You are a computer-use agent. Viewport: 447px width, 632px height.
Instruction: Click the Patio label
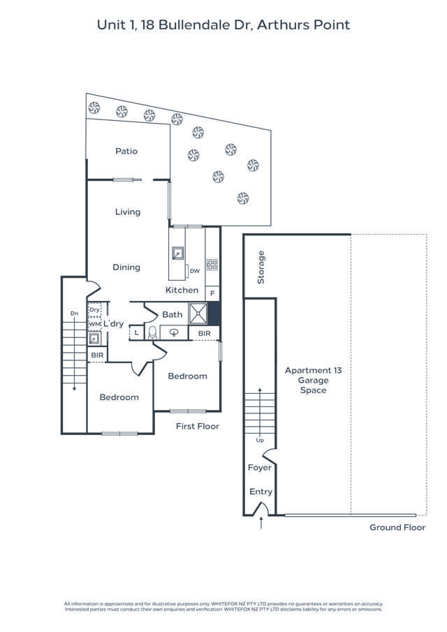126,151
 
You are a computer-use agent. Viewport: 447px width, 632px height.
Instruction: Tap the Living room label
128,212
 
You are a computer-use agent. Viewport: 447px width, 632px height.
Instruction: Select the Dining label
126,267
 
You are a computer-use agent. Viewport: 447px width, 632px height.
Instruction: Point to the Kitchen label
182,290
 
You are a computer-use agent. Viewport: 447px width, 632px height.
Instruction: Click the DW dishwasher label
195,270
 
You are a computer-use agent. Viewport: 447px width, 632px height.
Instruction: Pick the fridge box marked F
212,293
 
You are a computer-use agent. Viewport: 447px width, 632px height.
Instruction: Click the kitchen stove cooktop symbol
212,265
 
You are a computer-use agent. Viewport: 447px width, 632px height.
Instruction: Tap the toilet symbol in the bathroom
152,332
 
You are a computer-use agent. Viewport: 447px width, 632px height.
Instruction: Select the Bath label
173,314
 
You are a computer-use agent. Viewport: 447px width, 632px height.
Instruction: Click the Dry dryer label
94,309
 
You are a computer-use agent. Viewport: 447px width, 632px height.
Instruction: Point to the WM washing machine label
94,323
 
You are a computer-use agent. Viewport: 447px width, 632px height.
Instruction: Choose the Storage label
261,267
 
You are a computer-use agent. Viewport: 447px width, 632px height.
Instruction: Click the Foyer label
260,467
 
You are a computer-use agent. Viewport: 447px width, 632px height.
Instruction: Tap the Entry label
261,492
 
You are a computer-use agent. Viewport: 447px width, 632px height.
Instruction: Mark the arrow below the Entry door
261,522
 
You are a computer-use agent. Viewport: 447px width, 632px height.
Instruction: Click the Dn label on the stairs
74,314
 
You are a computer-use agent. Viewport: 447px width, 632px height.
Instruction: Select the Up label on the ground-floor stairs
261,440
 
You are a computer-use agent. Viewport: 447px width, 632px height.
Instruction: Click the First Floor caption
197,426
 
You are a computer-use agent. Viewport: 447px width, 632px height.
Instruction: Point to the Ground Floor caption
397,527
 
